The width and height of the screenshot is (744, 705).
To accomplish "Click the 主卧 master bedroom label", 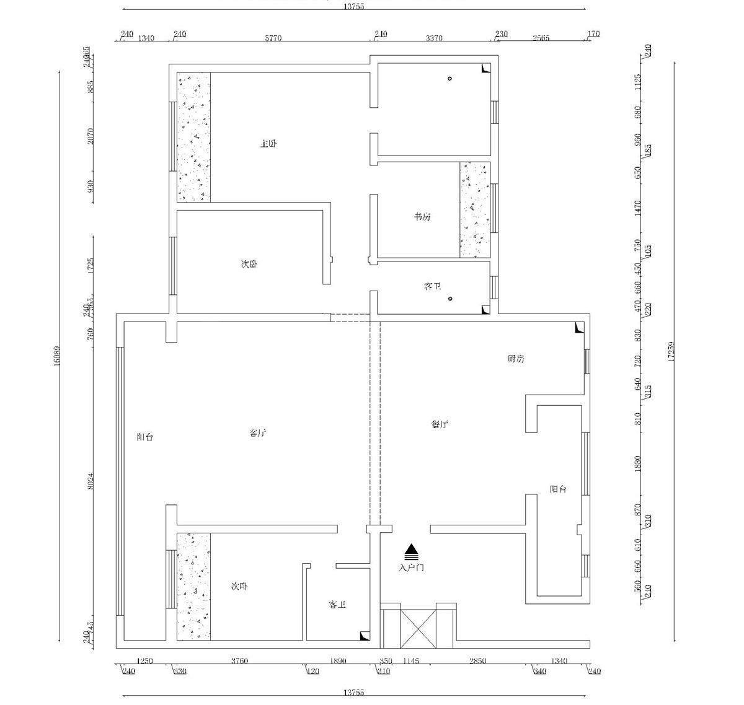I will coord(268,144).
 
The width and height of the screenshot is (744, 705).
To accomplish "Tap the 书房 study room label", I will coord(422,217).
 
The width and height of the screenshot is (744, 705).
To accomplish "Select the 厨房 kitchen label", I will coord(516,359).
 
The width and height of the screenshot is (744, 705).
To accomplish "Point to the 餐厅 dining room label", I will coord(440,424).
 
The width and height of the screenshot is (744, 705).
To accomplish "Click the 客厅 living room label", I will coord(257,433).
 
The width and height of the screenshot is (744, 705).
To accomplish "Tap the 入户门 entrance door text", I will coord(412,567).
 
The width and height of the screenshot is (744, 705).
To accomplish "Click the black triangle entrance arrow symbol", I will coord(412,550).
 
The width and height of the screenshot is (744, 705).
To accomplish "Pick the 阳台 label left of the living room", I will coord(144,437).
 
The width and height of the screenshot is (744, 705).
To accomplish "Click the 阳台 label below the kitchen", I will coord(558,489).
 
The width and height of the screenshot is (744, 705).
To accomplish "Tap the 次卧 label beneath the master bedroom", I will coord(249,264).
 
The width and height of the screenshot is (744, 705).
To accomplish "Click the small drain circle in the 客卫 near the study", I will coord(450,299).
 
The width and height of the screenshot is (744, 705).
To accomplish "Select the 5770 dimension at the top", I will coord(273,38).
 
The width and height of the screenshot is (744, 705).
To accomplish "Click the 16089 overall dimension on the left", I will coord(56,356).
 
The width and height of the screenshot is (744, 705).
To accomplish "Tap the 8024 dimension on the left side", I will coord(90,482).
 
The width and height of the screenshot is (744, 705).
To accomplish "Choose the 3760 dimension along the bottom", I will coord(239,661).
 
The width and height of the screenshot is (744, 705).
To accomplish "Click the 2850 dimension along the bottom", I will coord(477,661).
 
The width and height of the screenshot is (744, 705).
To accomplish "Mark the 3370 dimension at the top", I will coord(434,38).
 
